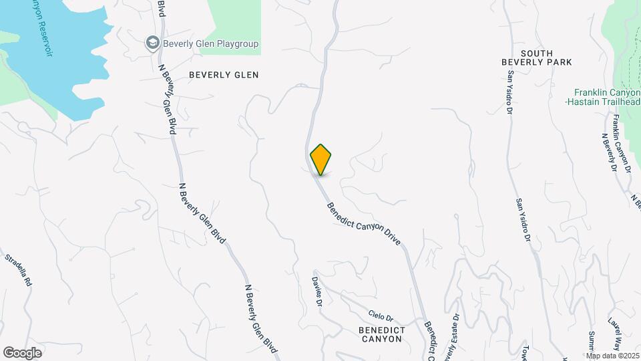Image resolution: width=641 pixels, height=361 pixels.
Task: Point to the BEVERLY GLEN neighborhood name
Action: [x=223, y=75]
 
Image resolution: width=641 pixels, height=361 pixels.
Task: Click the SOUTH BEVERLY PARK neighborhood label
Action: [x=537, y=57]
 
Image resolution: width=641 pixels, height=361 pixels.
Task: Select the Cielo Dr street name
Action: [x=381, y=314]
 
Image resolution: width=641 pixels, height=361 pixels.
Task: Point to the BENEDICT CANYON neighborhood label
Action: [x=380, y=334]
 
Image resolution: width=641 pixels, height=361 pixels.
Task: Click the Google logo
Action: [x=22, y=353]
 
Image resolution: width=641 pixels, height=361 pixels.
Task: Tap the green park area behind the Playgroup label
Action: [x=234, y=17]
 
